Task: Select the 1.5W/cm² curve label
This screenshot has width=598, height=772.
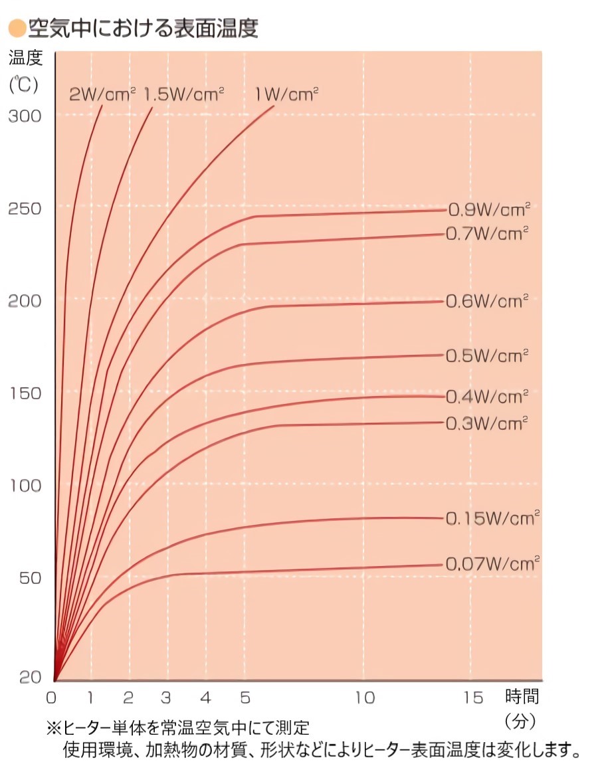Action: point(184,94)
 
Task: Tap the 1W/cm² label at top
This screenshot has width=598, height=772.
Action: point(287,94)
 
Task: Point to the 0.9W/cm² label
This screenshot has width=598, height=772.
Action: point(489,209)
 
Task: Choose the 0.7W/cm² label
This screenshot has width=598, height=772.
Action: point(487,233)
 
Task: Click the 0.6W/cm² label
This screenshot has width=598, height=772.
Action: point(487,301)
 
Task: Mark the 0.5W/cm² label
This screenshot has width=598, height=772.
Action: point(487,355)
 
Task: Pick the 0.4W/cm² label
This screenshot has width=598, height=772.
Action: point(487,397)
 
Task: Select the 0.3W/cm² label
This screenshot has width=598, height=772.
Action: point(487,423)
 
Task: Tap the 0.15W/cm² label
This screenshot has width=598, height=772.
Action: point(492,518)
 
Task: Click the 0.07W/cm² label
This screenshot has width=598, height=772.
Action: point(492,564)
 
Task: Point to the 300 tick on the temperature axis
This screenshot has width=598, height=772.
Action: point(25,116)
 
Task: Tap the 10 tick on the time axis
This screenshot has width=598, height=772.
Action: point(365,698)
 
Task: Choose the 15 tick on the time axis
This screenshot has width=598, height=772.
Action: point(473,698)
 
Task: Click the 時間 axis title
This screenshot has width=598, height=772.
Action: point(522,697)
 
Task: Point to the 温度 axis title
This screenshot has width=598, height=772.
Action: point(26,58)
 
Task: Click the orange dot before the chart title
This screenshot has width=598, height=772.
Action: point(17,29)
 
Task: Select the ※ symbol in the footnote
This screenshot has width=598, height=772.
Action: point(53,729)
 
